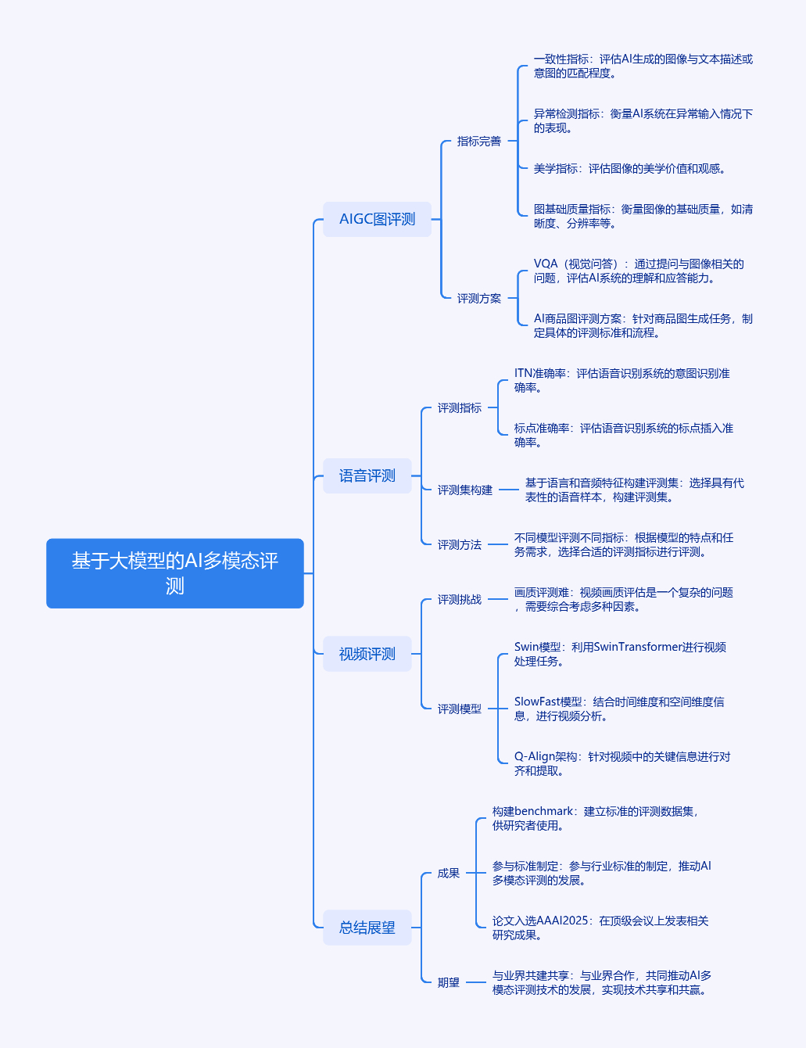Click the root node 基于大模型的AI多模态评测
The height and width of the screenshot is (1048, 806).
coord(175,573)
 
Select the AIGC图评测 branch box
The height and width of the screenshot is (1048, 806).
coord(377,219)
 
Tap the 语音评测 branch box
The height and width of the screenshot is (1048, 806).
coord(367,476)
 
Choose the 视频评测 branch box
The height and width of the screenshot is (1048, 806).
coord(367,654)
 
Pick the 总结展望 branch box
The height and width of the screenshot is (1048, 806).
coord(367,927)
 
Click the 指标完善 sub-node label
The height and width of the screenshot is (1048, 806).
coord(479,141)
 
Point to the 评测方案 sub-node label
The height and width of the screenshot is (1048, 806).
coord(479,298)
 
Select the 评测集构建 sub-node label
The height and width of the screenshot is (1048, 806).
coord(464,490)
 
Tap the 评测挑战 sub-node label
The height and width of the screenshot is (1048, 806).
coord(460,599)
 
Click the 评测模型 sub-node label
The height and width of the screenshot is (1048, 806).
coord(460,709)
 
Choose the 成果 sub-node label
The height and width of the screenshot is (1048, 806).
coord(448,873)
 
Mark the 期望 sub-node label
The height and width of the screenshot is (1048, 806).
coord(448,982)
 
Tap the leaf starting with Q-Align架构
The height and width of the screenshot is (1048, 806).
coord(622,763)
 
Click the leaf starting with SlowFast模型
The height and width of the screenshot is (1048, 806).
coord(619,709)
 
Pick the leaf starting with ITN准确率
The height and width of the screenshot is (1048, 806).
coord(622,380)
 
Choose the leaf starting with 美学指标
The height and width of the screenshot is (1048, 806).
coord(629,168)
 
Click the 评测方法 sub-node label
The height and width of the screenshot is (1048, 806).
coord(460,544)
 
